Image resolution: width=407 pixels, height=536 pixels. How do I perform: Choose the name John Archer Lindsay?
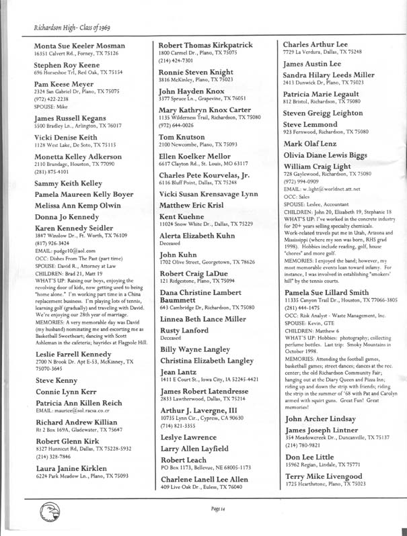coord(316,418)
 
